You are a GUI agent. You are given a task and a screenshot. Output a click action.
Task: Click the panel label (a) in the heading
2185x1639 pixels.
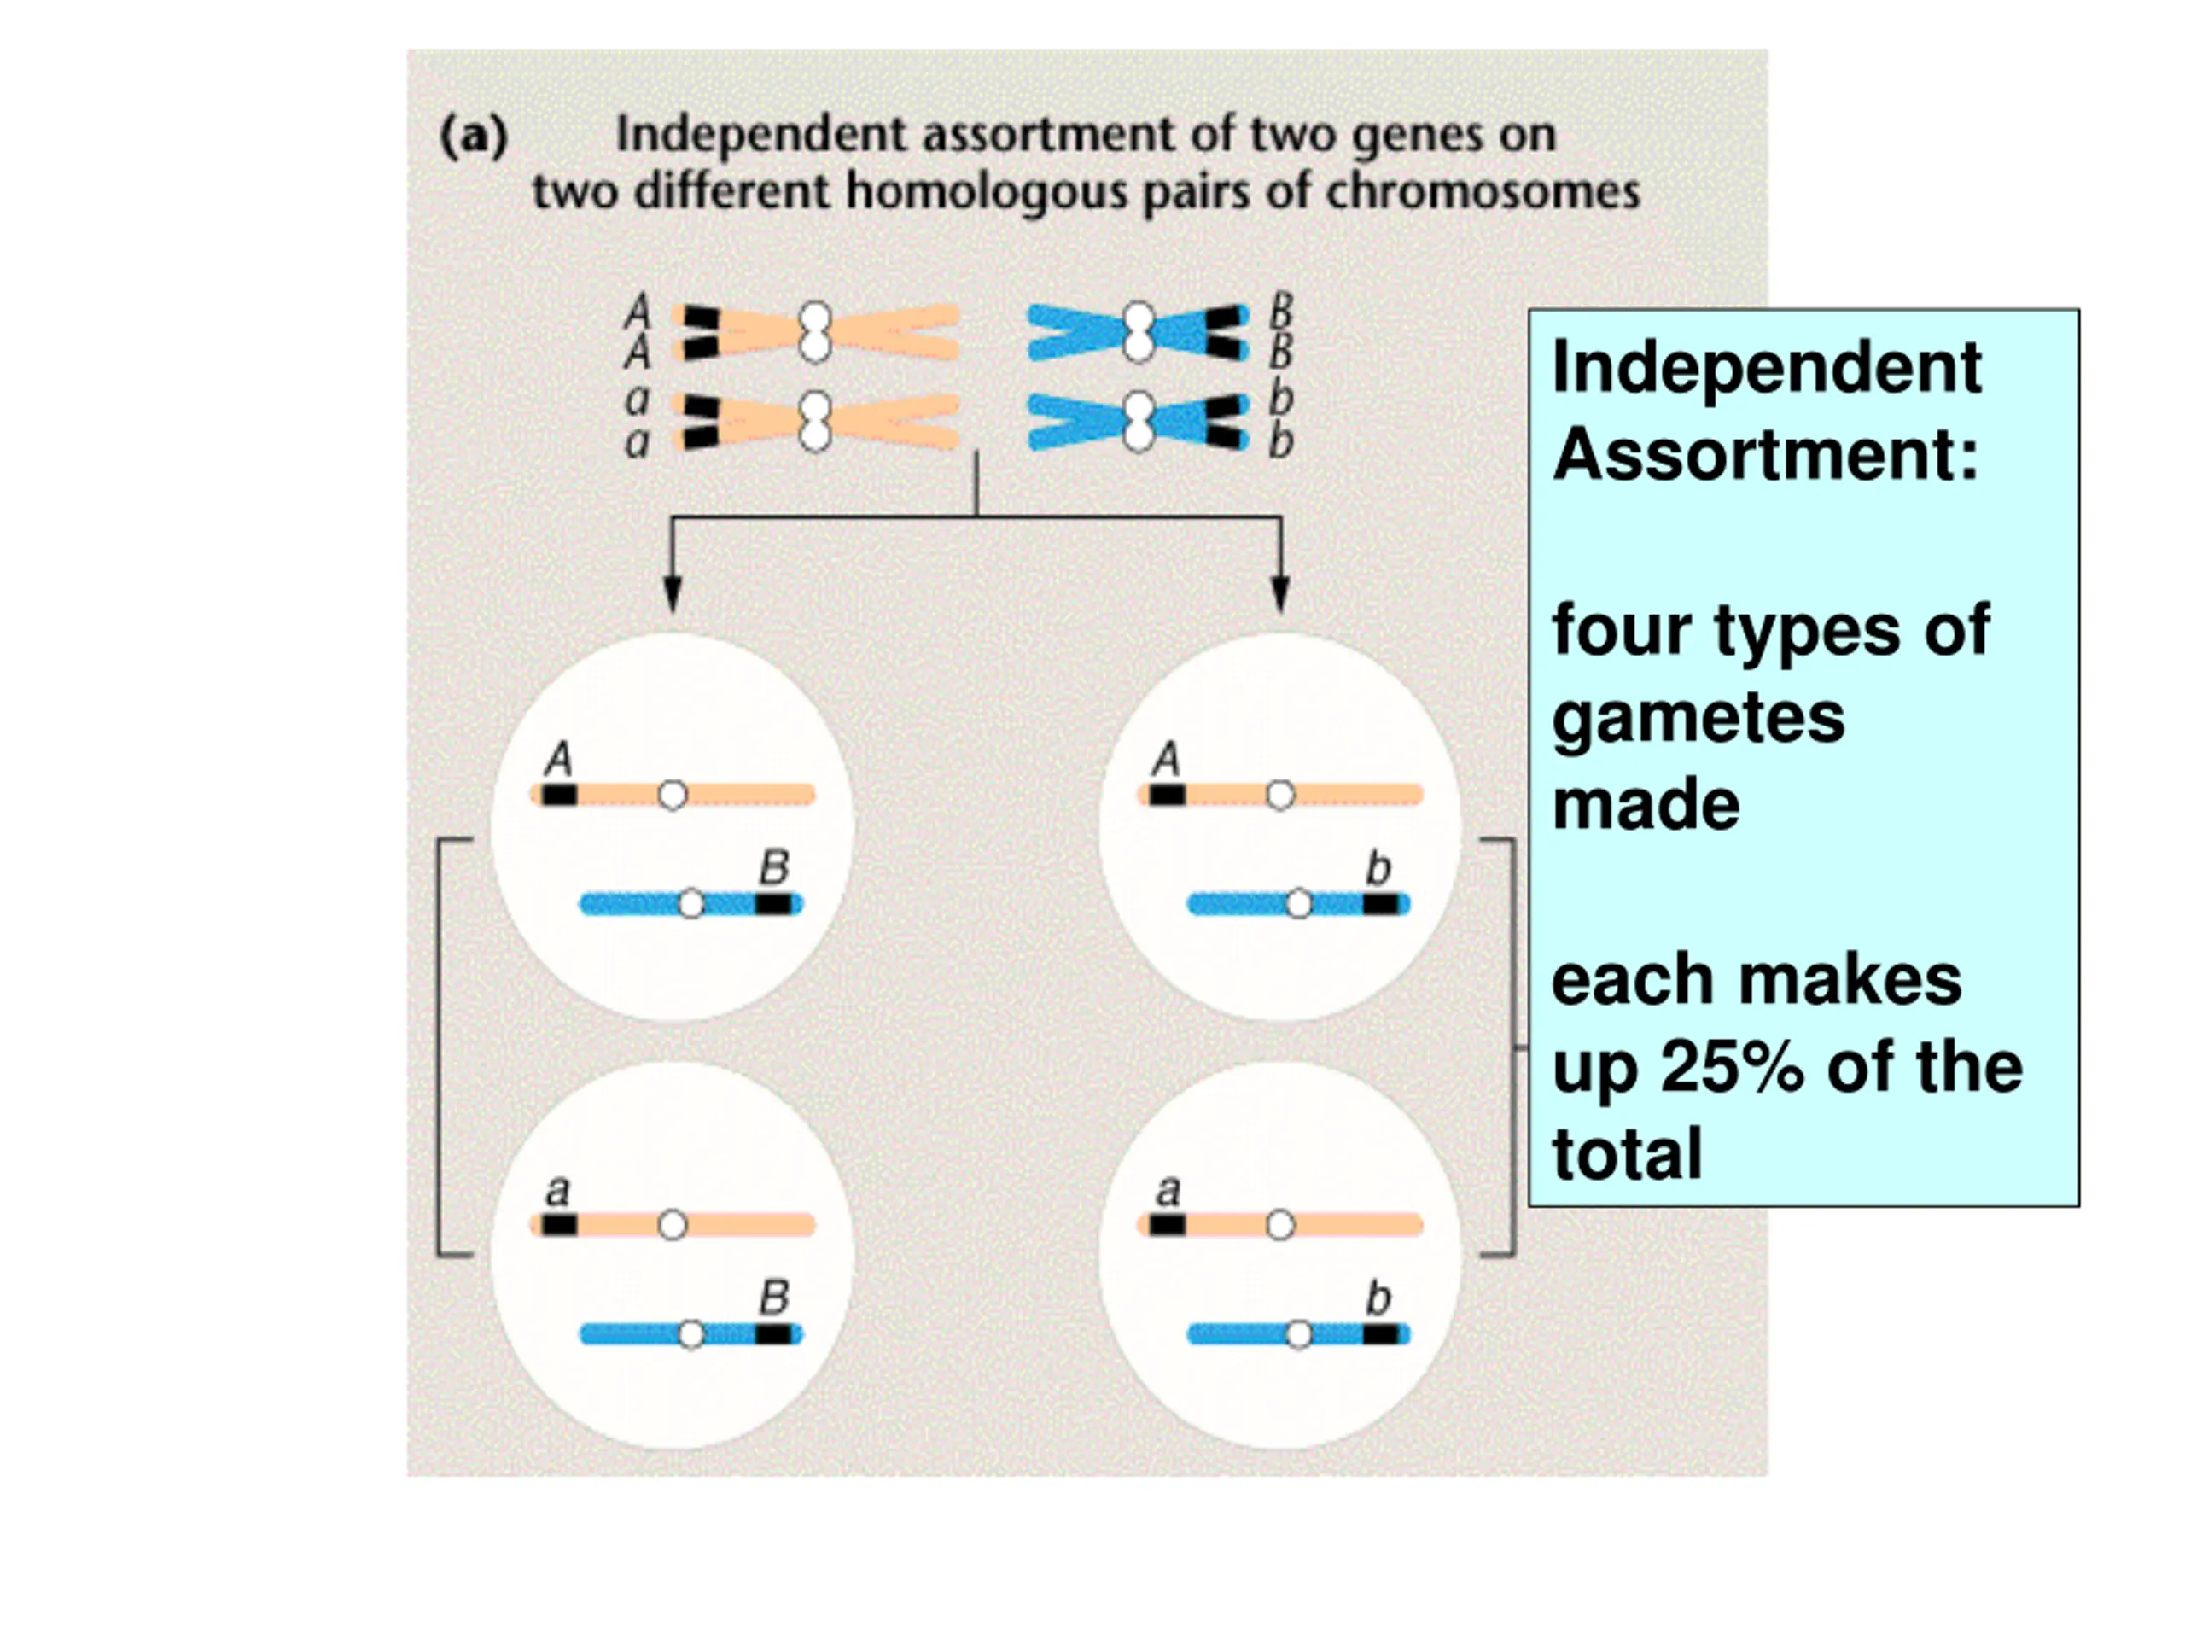click(x=473, y=136)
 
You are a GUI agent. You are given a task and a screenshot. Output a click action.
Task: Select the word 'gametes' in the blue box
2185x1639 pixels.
click(x=1698, y=718)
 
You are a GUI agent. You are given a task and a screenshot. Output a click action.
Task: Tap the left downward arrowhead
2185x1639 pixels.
click(x=673, y=592)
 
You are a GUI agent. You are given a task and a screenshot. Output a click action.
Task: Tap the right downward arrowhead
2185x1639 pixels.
click(x=1280, y=592)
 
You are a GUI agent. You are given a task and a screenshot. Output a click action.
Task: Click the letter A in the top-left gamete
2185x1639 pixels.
click(x=559, y=759)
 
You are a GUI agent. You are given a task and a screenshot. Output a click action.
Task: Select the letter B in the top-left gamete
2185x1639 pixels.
click(x=774, y=867)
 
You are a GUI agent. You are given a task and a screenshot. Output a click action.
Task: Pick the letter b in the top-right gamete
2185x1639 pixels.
click(x=1378, y=867)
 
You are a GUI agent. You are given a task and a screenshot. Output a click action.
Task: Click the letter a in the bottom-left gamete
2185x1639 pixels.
click(x=558, y=1191)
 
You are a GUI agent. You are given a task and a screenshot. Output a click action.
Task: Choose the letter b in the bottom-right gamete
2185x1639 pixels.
click(x=1378, y=1298)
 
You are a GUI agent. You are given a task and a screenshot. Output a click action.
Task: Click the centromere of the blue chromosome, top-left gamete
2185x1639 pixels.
click(x=691, y=904)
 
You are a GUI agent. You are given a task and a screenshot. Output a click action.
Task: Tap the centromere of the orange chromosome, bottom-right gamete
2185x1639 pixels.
click(x=1280, y=1226)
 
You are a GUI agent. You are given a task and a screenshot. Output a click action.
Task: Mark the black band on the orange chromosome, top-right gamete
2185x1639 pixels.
click(x=1168, y=794)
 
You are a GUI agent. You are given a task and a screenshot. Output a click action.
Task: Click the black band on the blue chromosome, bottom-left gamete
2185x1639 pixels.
click(x=773, y=1335)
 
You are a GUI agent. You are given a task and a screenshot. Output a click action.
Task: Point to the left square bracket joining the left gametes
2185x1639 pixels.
click(x=440, y=1047)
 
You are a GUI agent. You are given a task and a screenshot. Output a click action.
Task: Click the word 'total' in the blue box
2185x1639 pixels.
click(x=1627, y=1154)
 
